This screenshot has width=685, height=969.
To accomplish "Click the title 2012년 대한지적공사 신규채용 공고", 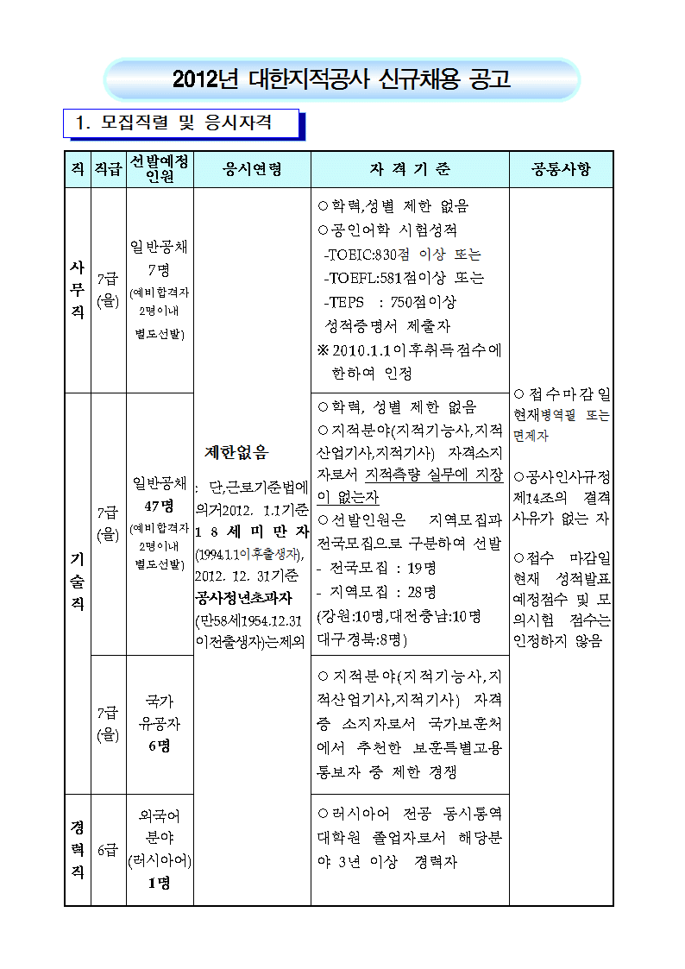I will pyautogui.click(x=342, y=80).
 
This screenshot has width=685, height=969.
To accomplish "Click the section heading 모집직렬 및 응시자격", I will pyautogui.click(x=185, y=123).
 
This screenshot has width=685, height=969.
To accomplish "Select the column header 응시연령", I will pyautogui.click(x=252, y=169).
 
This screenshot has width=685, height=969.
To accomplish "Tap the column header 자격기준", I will pyautogui.click(x=410, y=169).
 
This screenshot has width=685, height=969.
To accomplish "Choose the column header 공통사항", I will pyautogui.click(x=561, y=169).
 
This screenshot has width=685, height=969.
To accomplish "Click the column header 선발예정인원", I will pyautogui.click(x=160, y=169).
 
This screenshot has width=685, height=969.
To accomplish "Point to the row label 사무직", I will pyautogui.click(x=77, y=290).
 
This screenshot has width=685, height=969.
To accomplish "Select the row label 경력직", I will pyautogui.click(x=77, y=849).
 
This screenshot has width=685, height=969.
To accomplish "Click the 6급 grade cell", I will pyautogui.click(x=108, y=850).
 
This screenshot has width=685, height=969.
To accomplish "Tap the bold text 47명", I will pyautogui.click(x=160, y=505).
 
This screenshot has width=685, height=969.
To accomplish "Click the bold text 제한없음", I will pyautogui.click(x=236, y=451).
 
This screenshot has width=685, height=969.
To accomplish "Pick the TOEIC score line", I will pyautogui.click(x=402, y=255).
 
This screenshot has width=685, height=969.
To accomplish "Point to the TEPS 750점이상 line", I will pyautogui.click(x=390, y=302).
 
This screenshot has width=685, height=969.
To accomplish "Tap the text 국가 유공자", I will pyautogui.click(x=160, y=713).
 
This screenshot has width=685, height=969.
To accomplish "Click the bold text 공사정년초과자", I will pyautogui.click(x=243, y=597).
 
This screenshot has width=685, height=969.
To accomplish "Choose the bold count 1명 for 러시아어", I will pyautogui.click(x=160, y=883).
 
